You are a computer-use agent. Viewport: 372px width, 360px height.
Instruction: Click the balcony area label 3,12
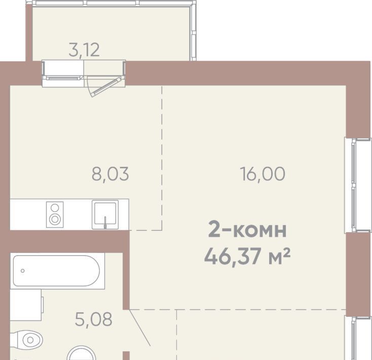(x=84, y=50)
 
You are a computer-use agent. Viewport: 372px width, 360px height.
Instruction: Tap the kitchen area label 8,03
(x=110, y=174)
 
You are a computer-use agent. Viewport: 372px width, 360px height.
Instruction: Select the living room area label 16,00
(x=263, y=174)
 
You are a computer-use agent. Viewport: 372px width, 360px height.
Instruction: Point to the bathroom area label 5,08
(x=93, y=319)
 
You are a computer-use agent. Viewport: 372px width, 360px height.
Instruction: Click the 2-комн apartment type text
(x=247, y=230)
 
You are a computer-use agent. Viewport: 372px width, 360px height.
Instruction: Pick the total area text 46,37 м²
(x=247, y=257)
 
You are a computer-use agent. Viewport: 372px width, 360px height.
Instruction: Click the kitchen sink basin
(x=105, y=214)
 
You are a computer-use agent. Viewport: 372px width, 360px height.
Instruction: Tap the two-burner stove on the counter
(x=55, y=214)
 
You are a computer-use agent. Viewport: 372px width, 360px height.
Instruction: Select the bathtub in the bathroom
(x=57, y=271)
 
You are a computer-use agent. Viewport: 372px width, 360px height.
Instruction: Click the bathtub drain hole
(x=22, y=271)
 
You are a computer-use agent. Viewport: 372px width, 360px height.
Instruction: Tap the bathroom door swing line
(x=139, y=328)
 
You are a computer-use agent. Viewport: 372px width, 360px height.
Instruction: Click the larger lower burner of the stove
(x=55, y=219)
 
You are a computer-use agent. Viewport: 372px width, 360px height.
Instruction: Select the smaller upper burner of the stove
(x=55, y=208)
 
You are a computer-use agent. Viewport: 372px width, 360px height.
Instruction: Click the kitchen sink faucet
(x=105, y=222)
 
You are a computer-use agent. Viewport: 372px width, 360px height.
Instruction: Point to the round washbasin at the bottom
(x=82, y=353)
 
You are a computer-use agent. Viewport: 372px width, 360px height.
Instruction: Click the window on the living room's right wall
(x=357, y=185)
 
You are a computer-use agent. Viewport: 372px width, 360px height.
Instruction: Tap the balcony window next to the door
(x=63, y=74)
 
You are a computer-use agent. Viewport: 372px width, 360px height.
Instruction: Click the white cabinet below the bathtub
(x=26, y=305)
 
